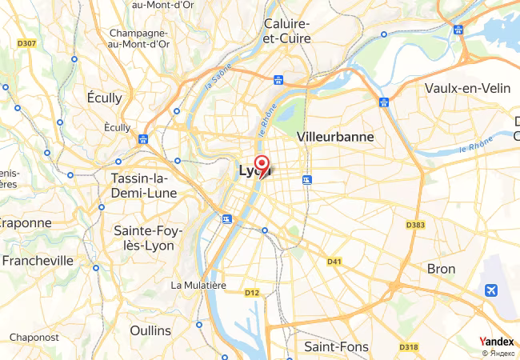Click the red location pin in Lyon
pyautogui.click(x=261, y=163)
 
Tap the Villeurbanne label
pyautogui.click(x=335, y=137)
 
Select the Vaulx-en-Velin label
pyautogui.click(x=468, y=88)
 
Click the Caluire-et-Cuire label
pyautogui.click(x=287, y=30)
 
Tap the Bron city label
pyautogui.click(x=442, y=268)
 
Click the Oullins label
pyautogui.click(x=150, y=330)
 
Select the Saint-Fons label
pyautogui.click(x=337, y=346)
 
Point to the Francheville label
pyautogui.click(x=38, y=261)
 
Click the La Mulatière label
pyautogui.click(x=199, y=285)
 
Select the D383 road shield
pyautogui.click(x=414, y=225)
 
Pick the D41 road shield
pyautogui.click(x=334, y=261)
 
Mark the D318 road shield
pyautogui.click(x=408, y=346)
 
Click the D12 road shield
pyautogui.click(x=252, y=293)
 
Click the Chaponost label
pyautogui.click(x=34, y=338)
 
